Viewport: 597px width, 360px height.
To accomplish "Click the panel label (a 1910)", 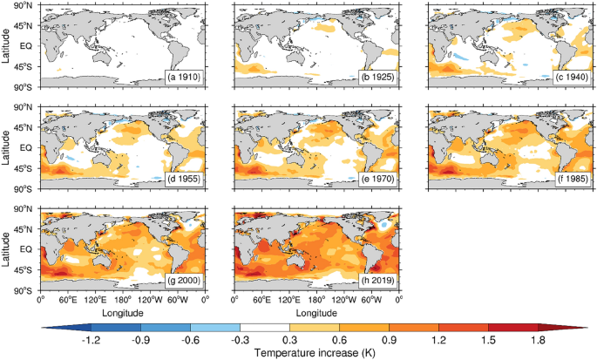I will [x=185, y=78].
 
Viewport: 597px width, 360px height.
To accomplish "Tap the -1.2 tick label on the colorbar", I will [x=92, y=340].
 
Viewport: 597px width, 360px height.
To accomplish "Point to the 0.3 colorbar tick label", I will [x=290, y=340].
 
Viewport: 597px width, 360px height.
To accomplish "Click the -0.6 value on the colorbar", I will [x=192, y=340].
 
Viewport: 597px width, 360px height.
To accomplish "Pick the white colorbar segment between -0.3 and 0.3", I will [x=266, y=326].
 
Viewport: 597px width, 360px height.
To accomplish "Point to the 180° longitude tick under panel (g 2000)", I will [x=122, y=298].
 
